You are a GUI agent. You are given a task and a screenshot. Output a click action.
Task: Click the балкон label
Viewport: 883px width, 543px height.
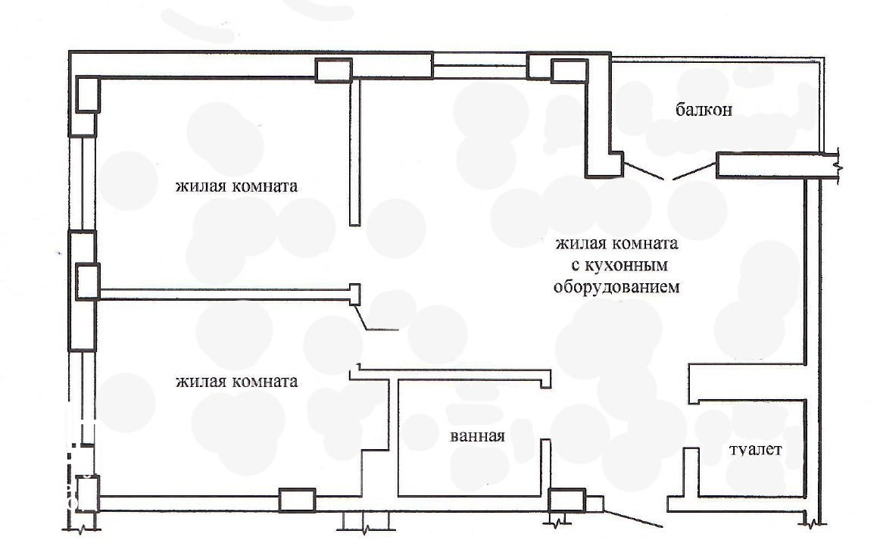704,109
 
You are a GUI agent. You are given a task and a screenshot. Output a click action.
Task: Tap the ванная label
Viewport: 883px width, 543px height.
478,436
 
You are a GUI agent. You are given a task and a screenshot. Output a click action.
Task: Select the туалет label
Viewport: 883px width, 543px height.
755,450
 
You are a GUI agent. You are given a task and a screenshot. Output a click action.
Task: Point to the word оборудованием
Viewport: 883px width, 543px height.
616,287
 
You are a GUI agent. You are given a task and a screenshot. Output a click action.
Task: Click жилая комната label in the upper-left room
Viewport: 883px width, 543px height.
236,186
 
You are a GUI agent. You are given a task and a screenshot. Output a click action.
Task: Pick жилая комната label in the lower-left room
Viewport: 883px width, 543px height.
236,382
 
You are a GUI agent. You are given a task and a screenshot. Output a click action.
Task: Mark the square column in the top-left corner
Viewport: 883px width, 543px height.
88,95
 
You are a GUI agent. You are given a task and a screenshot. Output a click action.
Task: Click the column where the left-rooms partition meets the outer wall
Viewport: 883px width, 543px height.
88,282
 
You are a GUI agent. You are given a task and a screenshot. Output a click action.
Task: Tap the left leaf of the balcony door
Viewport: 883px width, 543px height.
644,171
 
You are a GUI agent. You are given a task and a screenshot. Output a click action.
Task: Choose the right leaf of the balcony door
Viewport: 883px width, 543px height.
695,171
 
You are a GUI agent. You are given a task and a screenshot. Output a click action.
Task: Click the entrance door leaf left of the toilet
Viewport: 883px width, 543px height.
633,520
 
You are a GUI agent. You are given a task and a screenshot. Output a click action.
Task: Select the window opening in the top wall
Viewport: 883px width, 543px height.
480,65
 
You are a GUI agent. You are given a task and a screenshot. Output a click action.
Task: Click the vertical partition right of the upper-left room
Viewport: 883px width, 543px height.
354,152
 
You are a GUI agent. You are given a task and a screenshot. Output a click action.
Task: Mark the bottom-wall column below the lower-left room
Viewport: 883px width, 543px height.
298,500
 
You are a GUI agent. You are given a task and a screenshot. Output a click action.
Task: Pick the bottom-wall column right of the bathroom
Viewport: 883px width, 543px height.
567,501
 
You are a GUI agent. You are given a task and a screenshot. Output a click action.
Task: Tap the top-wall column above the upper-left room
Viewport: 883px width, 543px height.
333,70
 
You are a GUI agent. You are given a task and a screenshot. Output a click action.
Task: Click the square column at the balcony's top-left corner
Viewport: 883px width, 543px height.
569,71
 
